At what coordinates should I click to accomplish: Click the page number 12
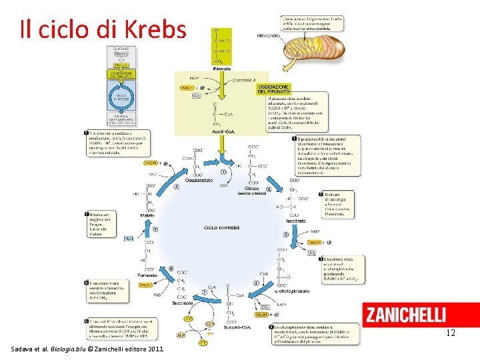coord(451,333)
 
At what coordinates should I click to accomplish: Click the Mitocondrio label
coord(269,35)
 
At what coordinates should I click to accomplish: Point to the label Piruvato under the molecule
coord(222,69)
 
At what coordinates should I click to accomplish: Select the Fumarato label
coord(147,274)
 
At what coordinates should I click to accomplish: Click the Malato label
coord(147,215)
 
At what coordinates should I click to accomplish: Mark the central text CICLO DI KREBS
coord(221,227)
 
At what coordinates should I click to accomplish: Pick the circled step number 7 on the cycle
coord(155,229)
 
